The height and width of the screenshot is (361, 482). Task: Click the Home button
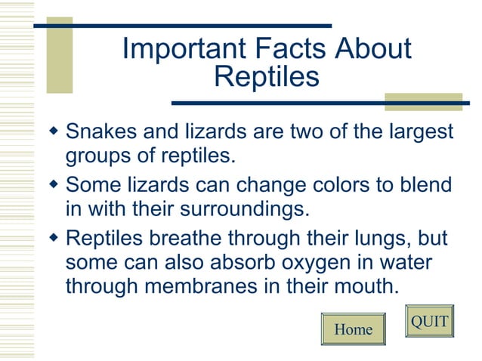pos(353,329)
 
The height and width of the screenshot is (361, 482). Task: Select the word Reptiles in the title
pos(266,76)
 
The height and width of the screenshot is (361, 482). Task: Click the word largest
pos(417,134)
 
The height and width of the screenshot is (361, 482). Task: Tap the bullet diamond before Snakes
pos(53,132)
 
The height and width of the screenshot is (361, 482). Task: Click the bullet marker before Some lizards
pos(53,184)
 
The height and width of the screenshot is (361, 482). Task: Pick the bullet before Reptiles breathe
pos(53,237)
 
